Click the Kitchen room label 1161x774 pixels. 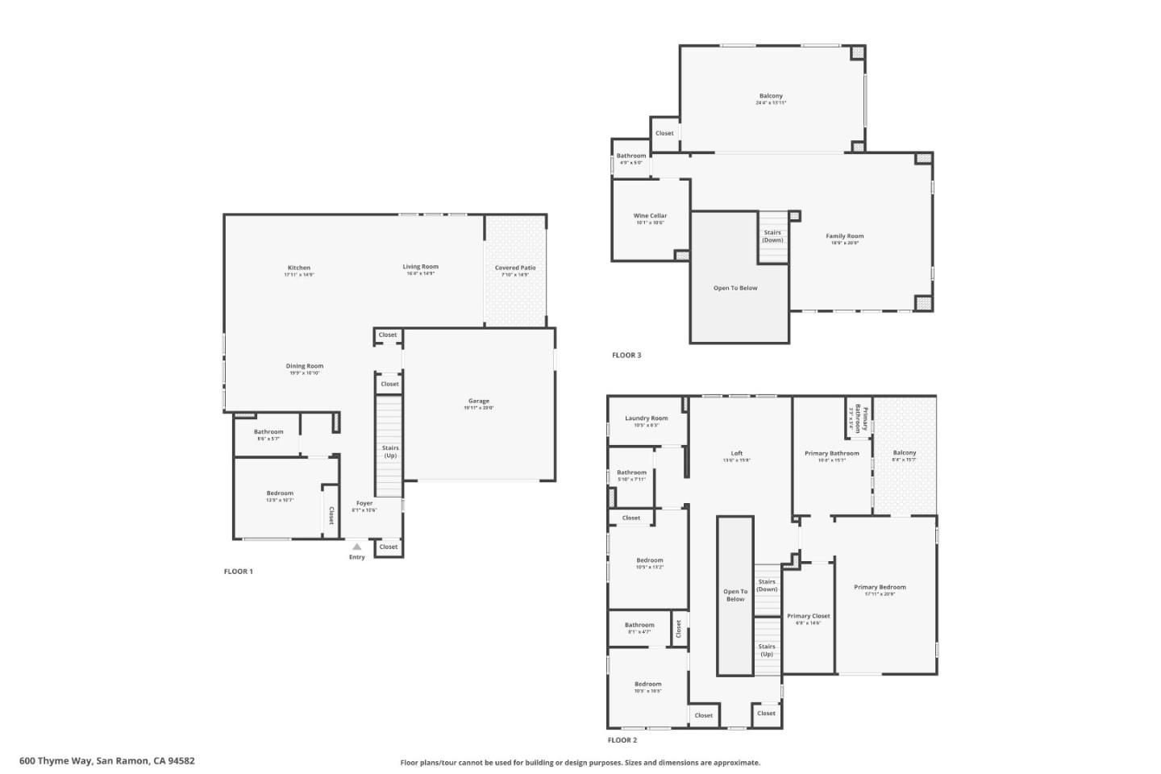pos(298,268)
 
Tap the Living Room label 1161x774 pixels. pos(420,267)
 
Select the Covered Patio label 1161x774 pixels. pos(514,268)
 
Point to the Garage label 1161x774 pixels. pos(478,401)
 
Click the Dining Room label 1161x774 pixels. pos(304,366)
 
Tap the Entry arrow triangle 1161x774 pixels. pos(356,547)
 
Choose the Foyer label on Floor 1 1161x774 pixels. pos(364,503)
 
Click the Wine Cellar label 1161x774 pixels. pos(650,216)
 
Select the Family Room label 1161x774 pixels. pos(844,236)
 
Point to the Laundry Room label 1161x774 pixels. pos(647,418)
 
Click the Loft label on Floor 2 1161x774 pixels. pos(736,454)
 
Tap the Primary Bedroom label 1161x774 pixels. pos(880,588)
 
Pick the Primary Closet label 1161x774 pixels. pos(808,616)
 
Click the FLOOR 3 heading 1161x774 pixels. pos(626,356)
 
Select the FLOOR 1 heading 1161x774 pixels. pos(238,572)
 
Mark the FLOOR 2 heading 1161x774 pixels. pos(622,740)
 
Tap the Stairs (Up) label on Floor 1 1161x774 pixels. pos(390,451)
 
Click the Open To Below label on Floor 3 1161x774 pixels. pos(735,288)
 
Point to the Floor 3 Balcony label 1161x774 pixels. pos(771,96)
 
